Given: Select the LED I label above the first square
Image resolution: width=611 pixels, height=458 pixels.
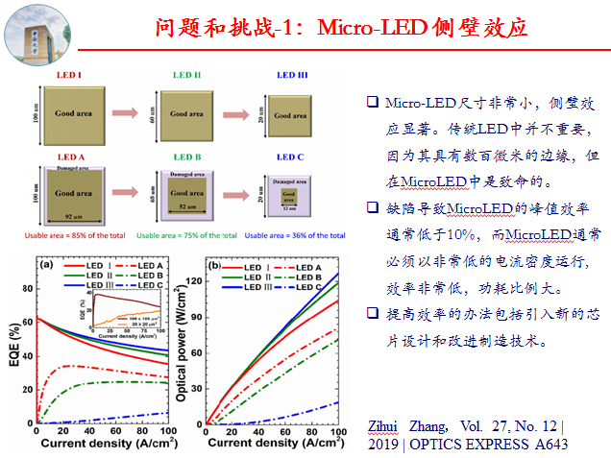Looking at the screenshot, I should pos(71,73).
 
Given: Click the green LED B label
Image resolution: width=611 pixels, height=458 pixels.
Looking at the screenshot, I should pos(187,157).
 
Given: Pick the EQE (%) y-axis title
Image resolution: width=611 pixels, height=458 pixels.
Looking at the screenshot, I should pos(13,342).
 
